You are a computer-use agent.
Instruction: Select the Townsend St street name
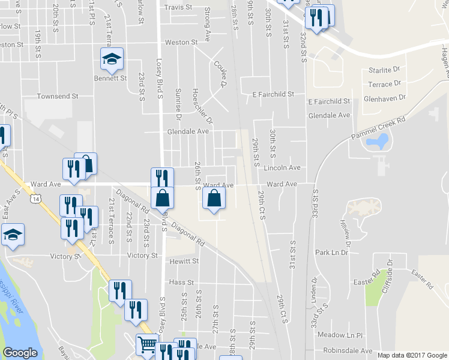[x=58, y=96]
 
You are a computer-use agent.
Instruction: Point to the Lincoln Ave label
[x=281, y=168]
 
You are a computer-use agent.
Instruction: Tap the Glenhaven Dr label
[x=385, y=97]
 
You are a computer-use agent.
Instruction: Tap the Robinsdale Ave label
[x=348, y=350]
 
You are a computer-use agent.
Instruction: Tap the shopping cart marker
[x=147, y=344]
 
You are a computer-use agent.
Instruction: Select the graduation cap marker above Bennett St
[x=112, y=59]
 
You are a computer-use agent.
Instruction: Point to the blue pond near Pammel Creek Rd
[x=379, y=142]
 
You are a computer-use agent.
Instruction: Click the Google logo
[x=20, y=353]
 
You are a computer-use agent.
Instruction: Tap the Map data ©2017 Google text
[x=412, y=355]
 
